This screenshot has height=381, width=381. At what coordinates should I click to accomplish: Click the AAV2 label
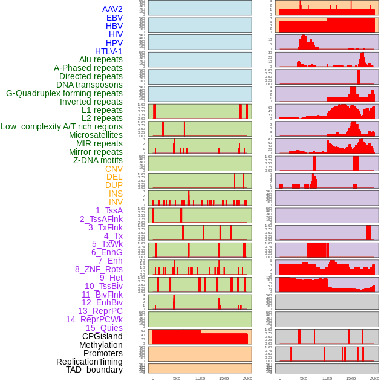[x=112, y=9]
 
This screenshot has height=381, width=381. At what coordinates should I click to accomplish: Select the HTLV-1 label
[x=108, y=51]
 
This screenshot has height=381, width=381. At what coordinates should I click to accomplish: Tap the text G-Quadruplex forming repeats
[x=64, y=93]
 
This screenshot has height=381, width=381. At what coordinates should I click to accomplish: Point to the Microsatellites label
[x=96, y=135]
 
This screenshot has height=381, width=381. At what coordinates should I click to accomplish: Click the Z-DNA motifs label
[x=97, y=160]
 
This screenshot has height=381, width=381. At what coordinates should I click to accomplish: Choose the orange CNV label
[x=114, y=169]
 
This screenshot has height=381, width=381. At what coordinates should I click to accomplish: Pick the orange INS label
[x=116, y=194]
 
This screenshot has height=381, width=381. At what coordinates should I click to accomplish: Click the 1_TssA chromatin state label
[x=109, y=210]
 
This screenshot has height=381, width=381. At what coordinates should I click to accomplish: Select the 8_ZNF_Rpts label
[x=99, y=269]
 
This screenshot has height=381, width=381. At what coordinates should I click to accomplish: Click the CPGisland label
[x=102, y=336]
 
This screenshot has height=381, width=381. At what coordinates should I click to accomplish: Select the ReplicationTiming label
[x=90, y=362]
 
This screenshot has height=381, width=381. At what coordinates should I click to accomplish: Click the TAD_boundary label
[x=94, y=370]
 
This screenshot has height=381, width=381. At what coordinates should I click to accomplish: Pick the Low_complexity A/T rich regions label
[x=62, y=126]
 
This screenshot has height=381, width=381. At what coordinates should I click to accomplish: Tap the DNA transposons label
[x=90, y=85]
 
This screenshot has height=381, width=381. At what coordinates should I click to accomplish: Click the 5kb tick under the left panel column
[x=177, y=378]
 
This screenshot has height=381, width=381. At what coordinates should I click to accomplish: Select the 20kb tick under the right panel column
[x=374, y=378]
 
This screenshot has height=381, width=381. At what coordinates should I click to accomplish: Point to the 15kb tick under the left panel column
[x=224, y=378]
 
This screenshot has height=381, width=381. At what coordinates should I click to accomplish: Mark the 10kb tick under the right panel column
[x=327, y=378]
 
